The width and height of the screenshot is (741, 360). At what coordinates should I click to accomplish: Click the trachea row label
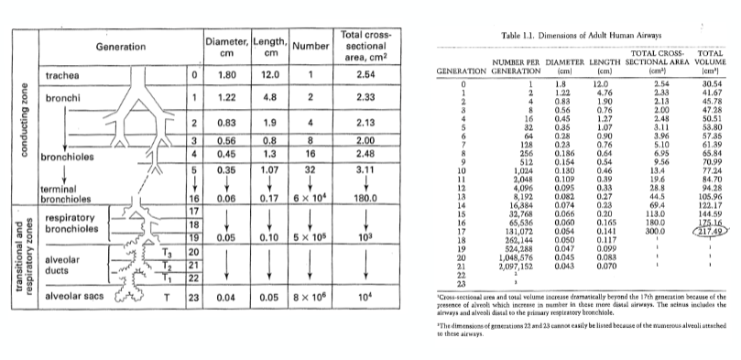(x=63, y=73)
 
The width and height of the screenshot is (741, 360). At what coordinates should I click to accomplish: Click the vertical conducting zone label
(x=11, y=137)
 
